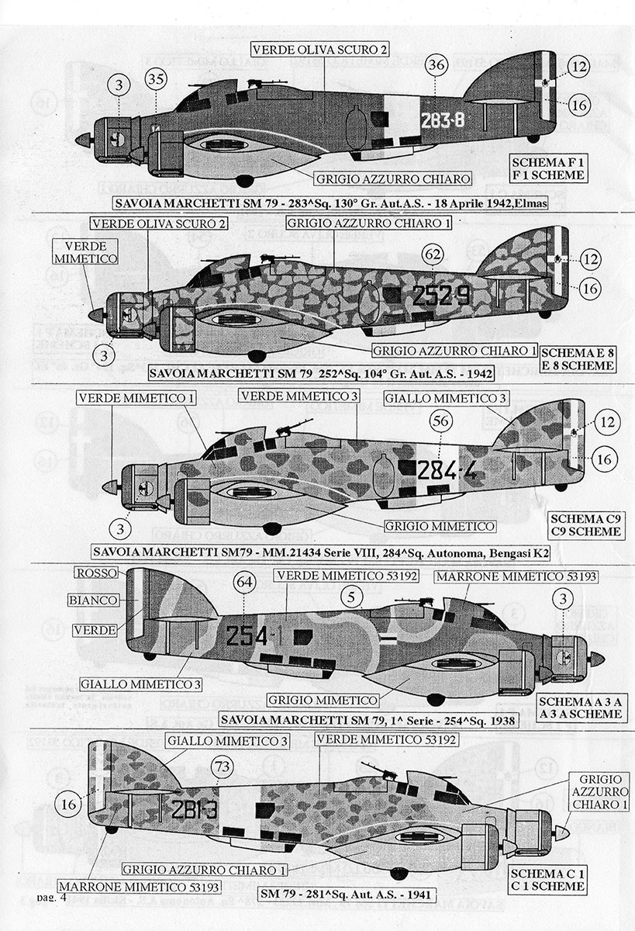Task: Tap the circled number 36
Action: coord(436,66)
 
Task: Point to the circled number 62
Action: coord(433,254)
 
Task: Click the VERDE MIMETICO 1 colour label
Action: coord(136,398)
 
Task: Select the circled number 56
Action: coord(440,421)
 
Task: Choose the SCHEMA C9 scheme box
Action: coord(584,525)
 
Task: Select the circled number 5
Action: coord(352,596)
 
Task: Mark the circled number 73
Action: coord(223,768)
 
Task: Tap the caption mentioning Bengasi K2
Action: coord(325,552)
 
